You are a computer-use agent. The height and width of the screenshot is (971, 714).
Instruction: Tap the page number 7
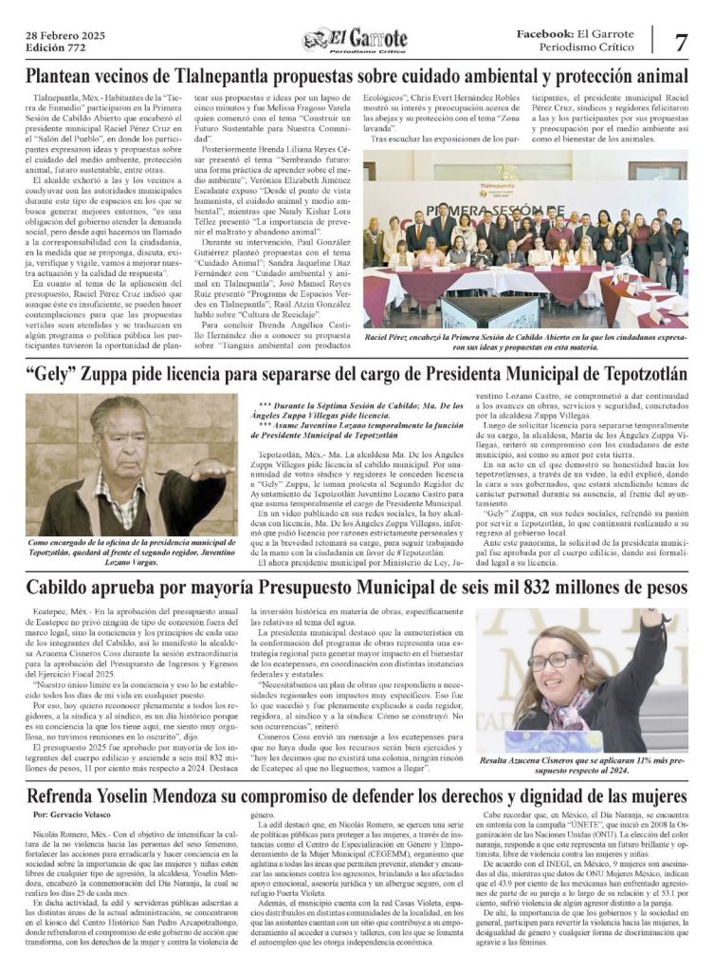click(x=681, y=42)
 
